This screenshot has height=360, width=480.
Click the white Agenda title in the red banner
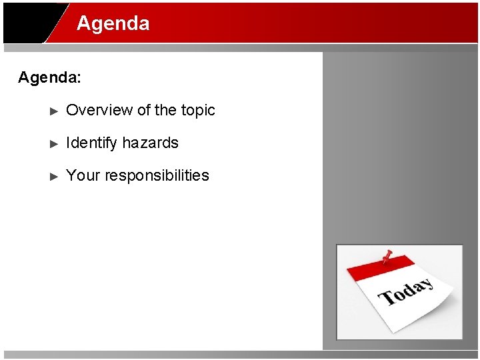point(113,23)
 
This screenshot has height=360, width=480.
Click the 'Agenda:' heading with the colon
point(49,77)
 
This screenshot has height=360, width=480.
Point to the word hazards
point(150,143)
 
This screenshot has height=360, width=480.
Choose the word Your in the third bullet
point(83,175)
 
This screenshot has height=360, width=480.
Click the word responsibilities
point(157,175)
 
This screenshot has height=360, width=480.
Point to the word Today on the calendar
point(405,291)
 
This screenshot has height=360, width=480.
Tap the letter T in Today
point(386,297)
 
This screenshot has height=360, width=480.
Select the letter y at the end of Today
point(426,283)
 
